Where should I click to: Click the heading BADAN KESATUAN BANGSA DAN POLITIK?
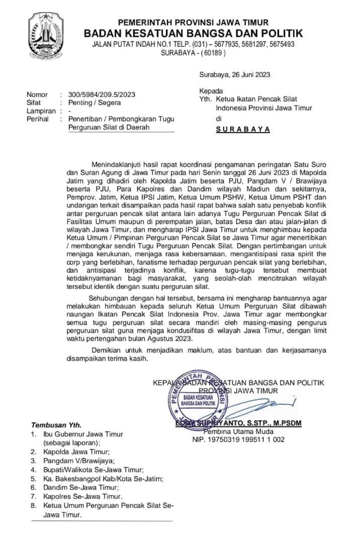[x=193, y=33]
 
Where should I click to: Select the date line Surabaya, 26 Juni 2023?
[x=234, y=74]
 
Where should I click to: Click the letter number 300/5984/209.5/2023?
[x=102, y=95]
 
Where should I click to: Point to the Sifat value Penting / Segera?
[x=95, y=103]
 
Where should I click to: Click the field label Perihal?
[x=38, y=119]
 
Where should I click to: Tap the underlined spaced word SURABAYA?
[x=243, y=129]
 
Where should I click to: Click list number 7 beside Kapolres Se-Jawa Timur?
[x=33, y=497]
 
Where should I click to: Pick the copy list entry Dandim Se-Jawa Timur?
[x=81, y=487]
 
